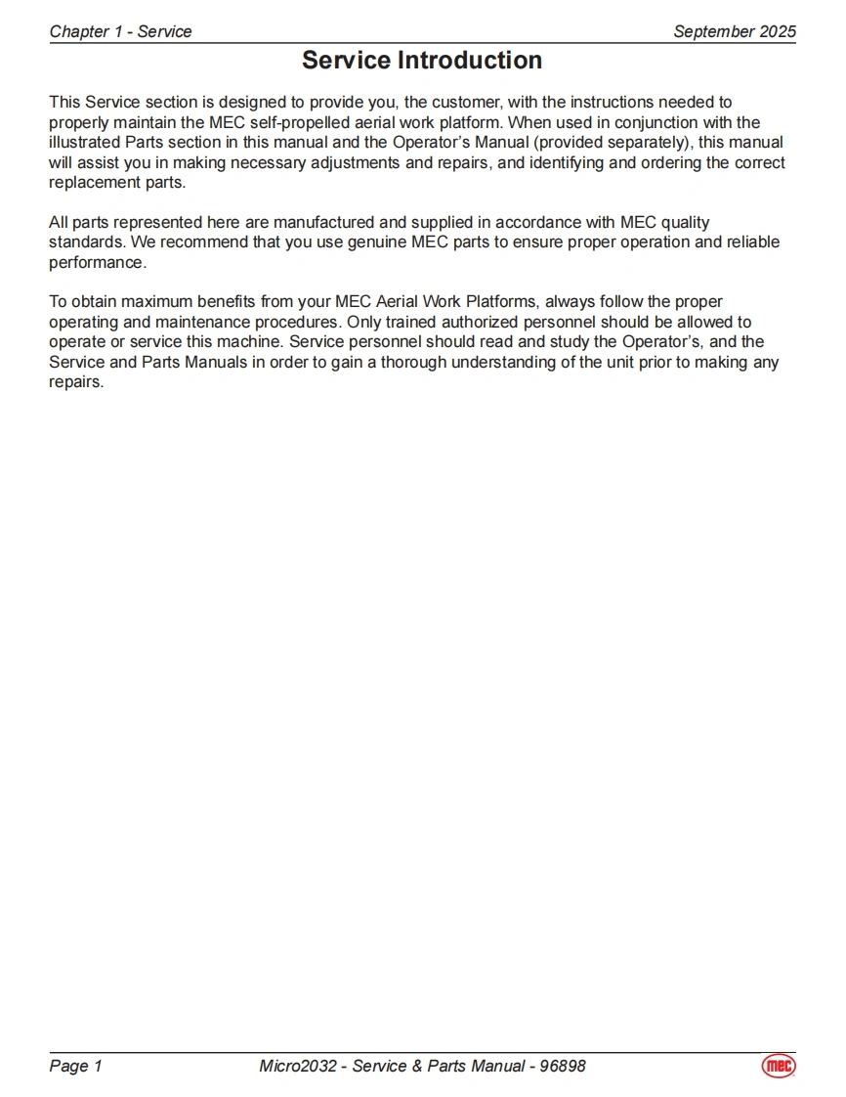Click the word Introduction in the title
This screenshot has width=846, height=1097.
(x=470, y=61)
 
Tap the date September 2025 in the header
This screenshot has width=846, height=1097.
(x=735, y=31)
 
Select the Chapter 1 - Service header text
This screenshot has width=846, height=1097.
(x=120, y=31)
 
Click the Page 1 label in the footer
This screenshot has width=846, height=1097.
(x=75, y=1066)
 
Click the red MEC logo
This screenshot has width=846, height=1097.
(x=779, y=1066)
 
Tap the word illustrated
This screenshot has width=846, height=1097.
(x=86, y=143)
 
